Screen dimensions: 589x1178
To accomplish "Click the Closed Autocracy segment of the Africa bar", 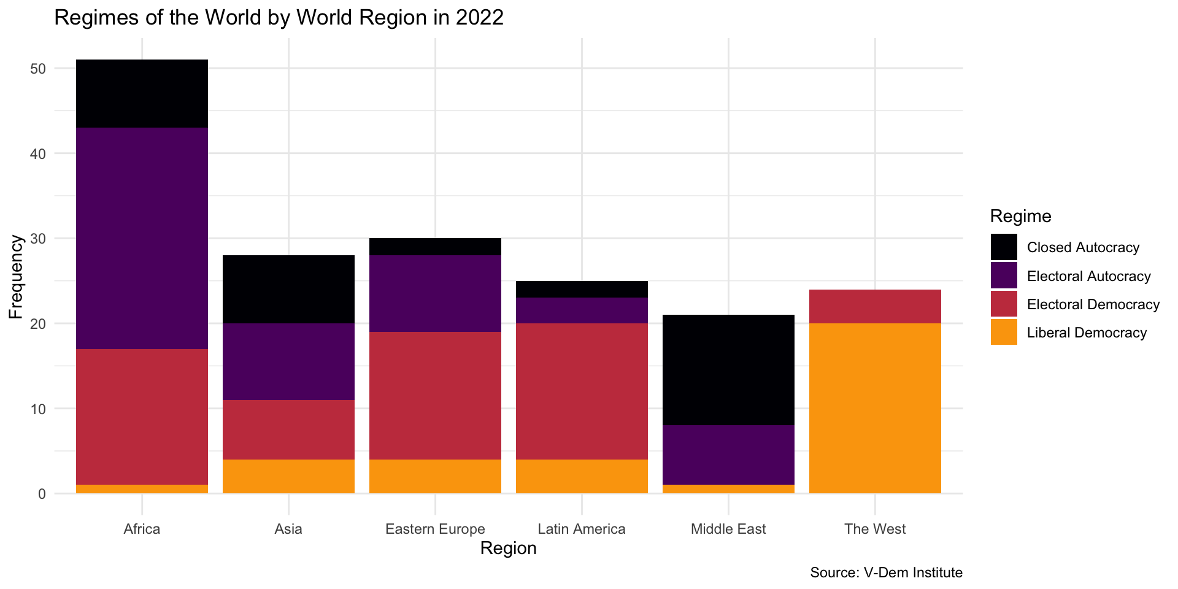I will point(142,93).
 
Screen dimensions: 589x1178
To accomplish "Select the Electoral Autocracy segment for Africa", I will point(142,238).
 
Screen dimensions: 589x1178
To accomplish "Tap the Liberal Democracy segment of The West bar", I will point(875,408).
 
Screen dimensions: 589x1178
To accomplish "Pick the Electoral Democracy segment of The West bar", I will point(875,306).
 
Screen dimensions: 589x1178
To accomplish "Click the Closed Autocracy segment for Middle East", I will point(728,370).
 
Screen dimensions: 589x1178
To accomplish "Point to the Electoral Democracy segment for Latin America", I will point(582,391).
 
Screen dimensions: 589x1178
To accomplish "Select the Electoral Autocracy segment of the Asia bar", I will point(288,361).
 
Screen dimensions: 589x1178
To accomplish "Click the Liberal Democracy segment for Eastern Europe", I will point(435,476).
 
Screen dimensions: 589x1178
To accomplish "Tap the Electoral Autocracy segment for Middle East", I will point(728,455).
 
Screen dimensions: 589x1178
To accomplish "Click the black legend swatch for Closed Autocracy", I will point(1004,247).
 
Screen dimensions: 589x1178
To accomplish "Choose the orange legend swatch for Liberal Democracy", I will point(1004,333).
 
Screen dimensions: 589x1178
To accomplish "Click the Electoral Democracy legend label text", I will point(1093,305).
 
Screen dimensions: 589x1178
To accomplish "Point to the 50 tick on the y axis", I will point(38,69).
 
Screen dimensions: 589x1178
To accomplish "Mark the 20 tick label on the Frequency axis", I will point(38,324).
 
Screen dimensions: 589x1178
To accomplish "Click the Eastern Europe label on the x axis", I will point(435,529).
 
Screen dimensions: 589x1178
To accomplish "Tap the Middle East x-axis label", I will point(728,529).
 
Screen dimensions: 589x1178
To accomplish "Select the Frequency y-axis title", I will point(16,277).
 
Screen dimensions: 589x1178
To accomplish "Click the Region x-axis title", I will point(508,549).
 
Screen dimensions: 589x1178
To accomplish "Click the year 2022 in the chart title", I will point(479,18).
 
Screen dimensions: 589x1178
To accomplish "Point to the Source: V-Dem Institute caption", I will point(886,573).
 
